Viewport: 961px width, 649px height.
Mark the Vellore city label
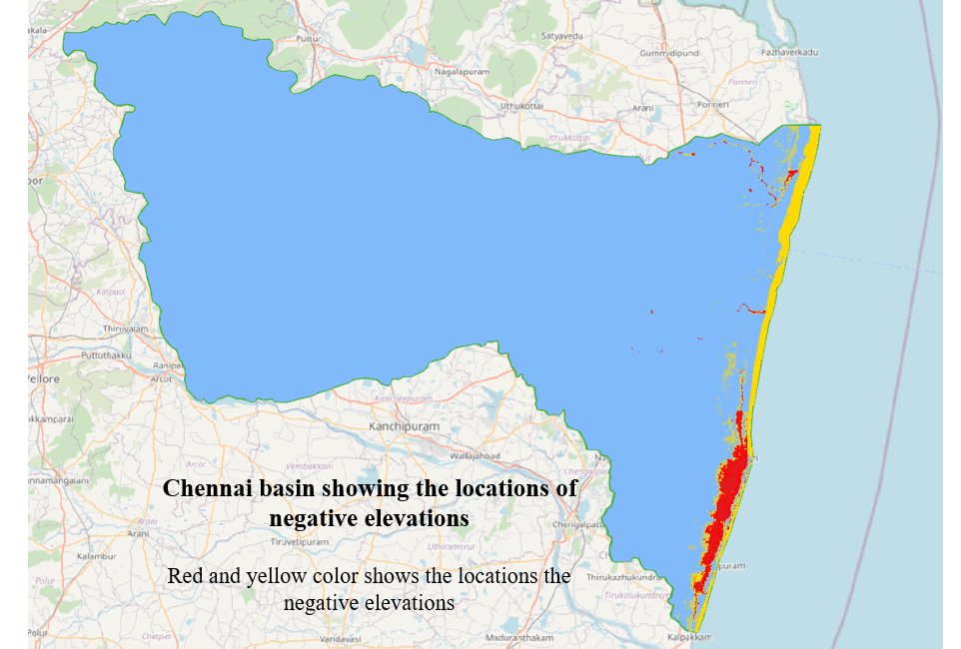(x=44, y=379)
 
